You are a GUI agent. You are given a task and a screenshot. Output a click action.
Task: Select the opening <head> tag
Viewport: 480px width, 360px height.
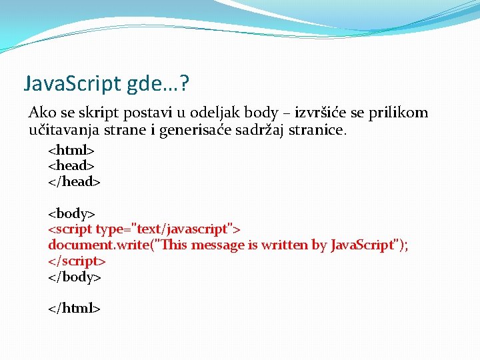[x=71, y=165]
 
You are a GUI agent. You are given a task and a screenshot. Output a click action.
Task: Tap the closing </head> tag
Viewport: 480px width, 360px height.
[x=74, y=181]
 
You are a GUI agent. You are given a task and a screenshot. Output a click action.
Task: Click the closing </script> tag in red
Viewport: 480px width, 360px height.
[x=77, y=261]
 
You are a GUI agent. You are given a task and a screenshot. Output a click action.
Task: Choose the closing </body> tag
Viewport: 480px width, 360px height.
[x=75, y=277]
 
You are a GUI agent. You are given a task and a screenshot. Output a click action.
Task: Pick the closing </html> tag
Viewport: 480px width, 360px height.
[x=74, y=309]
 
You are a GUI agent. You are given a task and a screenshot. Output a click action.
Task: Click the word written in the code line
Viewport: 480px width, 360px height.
[x=285, y=245]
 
